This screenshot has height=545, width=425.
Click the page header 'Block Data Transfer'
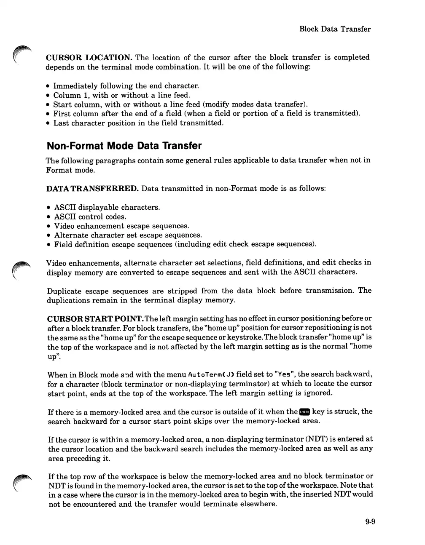[335, 29]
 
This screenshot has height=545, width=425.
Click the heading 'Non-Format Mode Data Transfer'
[124, 146]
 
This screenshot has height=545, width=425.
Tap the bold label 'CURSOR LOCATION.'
[89, 57]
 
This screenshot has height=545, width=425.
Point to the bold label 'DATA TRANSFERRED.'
[92, 188]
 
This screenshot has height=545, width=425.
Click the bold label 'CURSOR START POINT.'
[95, 318]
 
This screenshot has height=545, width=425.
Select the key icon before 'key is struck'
[304, 412]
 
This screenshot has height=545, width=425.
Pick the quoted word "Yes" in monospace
[282, 374]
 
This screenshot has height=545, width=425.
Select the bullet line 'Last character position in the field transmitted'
[138, 123]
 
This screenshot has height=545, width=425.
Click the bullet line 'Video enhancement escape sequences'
[121, 226]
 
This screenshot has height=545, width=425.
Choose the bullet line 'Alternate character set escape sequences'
[128, 235]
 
